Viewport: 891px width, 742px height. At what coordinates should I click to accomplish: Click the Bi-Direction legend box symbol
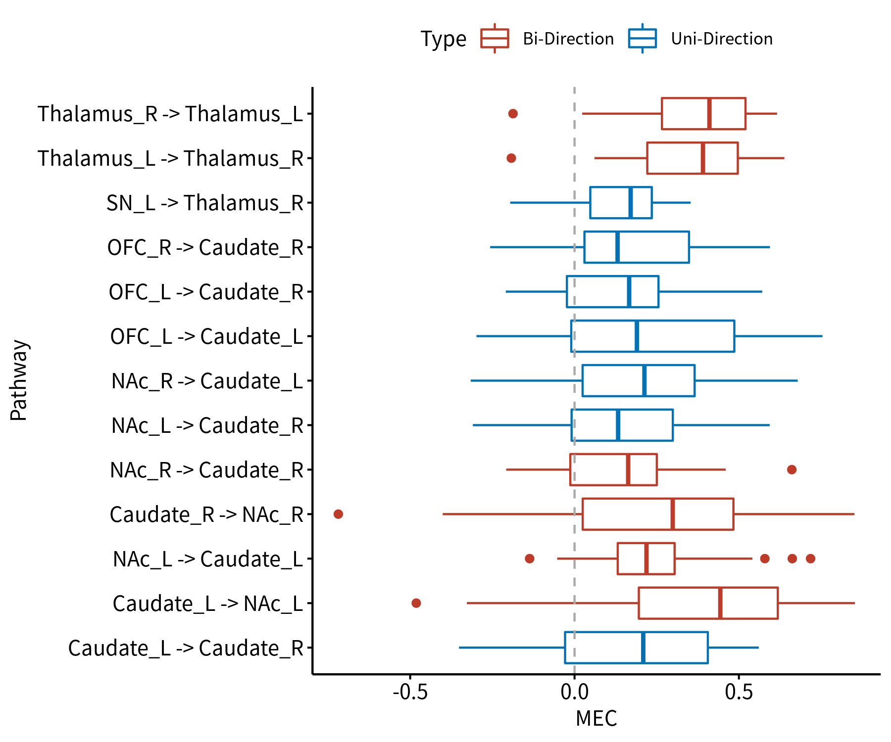click(495, 39)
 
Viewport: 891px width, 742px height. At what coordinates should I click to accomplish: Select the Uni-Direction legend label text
click(722, 39)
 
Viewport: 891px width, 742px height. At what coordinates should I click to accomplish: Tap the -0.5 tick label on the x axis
click(410, 692)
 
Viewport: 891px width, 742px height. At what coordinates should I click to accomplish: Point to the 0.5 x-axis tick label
click(739, 692)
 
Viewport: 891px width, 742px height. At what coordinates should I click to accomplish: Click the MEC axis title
click(596, 719)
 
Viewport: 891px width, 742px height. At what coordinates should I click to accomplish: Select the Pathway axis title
click(19, 380)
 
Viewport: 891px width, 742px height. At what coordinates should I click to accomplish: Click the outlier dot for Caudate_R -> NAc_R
click(338, 514)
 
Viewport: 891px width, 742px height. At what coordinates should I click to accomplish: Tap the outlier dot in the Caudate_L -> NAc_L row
click(416, 603)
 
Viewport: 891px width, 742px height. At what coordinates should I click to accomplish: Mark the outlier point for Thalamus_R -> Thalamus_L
click(513, 114)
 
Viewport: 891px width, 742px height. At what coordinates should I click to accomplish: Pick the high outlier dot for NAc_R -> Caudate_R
click(792, 469)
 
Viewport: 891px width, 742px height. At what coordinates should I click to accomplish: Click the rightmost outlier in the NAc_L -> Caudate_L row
click(810, 558)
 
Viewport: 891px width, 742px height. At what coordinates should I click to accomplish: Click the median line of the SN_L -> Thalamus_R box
click(630, 202)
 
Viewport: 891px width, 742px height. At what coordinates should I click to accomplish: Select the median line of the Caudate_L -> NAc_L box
click(720, 603)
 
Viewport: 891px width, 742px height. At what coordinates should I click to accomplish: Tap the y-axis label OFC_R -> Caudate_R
click(205, 247)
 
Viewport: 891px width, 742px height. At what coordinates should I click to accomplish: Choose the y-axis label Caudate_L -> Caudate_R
click(186, 648)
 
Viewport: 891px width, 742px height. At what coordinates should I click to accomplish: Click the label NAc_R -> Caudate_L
click(207, 381)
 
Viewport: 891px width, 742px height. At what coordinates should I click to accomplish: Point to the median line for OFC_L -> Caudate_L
click(637, 336)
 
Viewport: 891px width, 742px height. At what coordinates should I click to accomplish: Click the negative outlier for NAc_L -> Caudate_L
click(529, 558)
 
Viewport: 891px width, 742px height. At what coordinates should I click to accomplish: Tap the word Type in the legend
click(443, 39)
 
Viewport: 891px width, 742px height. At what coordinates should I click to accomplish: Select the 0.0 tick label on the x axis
click(574, 692)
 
